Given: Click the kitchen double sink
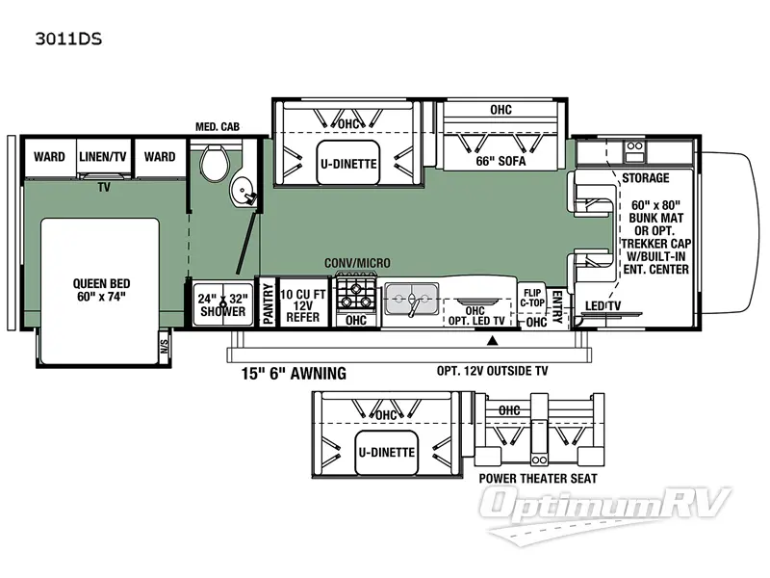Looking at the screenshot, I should (410, 301).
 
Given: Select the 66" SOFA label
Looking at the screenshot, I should (500, 162).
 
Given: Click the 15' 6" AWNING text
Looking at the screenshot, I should (286, 372).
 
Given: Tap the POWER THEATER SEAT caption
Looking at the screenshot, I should (537, 479).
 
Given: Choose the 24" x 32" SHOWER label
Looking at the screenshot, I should (220, 303).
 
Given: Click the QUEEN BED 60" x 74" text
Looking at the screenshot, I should (101, 290).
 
